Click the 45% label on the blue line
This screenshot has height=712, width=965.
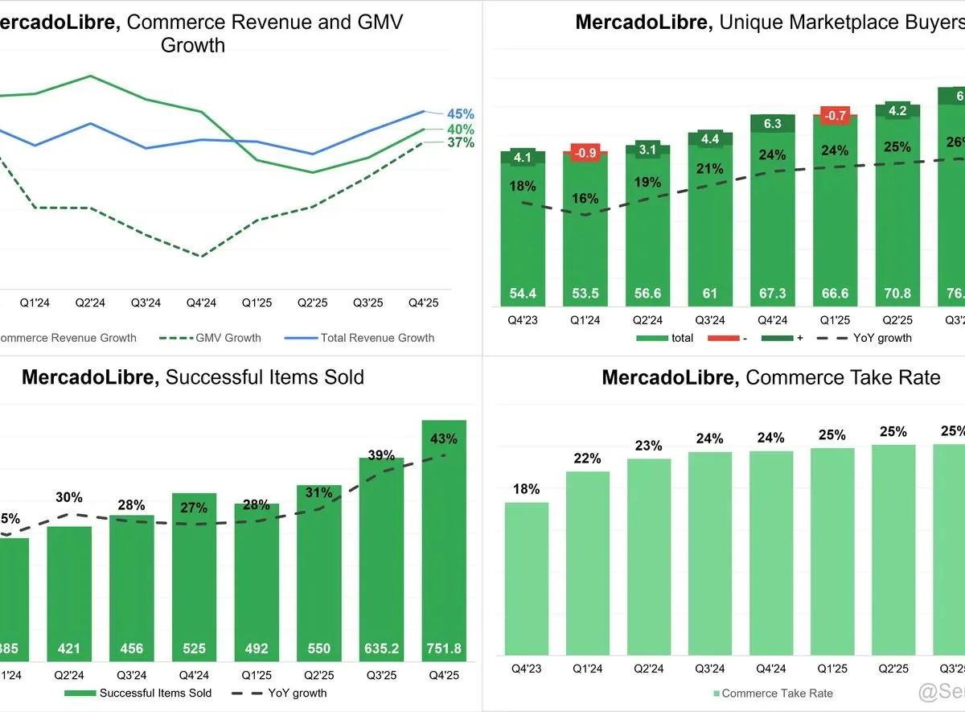click(461, 114)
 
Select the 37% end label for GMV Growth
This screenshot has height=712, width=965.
click(461, 143)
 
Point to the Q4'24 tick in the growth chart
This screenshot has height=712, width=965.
click(201, 303)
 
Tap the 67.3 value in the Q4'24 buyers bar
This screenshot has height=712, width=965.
click(773, 294)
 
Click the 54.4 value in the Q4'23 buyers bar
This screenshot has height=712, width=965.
click(523, 294)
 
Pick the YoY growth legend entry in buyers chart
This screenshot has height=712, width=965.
click(882, 338)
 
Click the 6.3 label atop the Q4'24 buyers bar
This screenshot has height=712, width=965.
click(773, 124)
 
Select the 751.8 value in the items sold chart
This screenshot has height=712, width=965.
click(444, 648)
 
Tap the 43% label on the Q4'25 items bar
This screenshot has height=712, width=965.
click(444, 439)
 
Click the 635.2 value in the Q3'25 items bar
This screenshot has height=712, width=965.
click(381, 648)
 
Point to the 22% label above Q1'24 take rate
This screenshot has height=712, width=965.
click(588, 459)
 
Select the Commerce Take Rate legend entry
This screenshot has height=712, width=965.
click(777, 693)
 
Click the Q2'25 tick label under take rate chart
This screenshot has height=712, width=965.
click(893, 668)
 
